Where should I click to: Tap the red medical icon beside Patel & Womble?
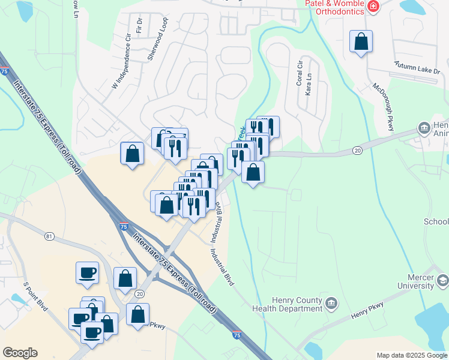[x=374, y=7]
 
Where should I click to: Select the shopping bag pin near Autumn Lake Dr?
[x=361, y=42]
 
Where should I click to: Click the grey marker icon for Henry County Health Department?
[x=331, y=305]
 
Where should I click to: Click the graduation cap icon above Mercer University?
[x=442, y=280]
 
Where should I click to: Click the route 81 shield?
[x=49, y=237]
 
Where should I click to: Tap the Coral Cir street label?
[x=299, y=73]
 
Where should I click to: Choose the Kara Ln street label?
[x=309, y=85]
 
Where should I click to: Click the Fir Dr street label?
[x=139, y=25]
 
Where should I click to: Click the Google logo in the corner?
[x=20, y=353]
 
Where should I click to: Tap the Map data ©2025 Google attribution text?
[x=411, y=355]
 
